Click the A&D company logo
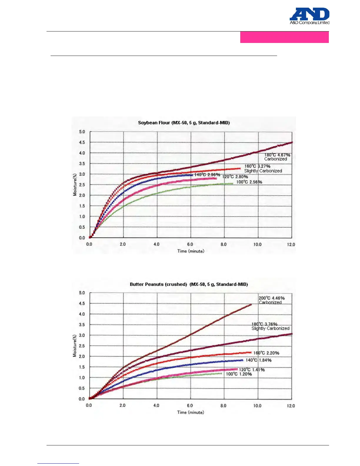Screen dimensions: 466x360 (x=309, y=16)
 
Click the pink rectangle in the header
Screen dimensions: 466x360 (x=284, y=37)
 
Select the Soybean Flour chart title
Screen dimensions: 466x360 (x=184, y=123)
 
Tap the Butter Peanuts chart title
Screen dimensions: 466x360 (x=189, y=284)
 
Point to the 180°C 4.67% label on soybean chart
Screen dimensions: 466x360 (x=277, y=155)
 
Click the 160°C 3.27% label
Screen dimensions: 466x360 (x=257, y=166)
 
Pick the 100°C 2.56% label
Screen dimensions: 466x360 (x=249, y=182)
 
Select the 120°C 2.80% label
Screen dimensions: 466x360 (x=235, y=177)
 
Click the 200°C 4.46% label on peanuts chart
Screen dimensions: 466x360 (x=271, y=298)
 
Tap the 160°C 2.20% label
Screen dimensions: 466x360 (x=266, y=353)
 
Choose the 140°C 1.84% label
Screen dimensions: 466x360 (x=259, y=360)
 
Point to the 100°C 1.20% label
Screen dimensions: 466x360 (x=239, y=374)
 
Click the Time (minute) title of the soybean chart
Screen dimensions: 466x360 (x=191, y=251)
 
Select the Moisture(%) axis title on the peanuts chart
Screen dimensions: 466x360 (x=75, y=346)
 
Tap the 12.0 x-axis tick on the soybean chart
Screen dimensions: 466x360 (x=291, y=244)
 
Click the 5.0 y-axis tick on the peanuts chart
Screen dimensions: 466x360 (x=82, y=293)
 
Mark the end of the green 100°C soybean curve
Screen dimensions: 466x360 (x=233, y=184)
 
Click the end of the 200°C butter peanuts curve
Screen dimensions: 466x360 (x=251, y=305)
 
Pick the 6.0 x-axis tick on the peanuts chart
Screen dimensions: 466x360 (x=190, y=405)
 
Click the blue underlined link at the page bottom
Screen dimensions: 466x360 (x=58, y=463)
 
